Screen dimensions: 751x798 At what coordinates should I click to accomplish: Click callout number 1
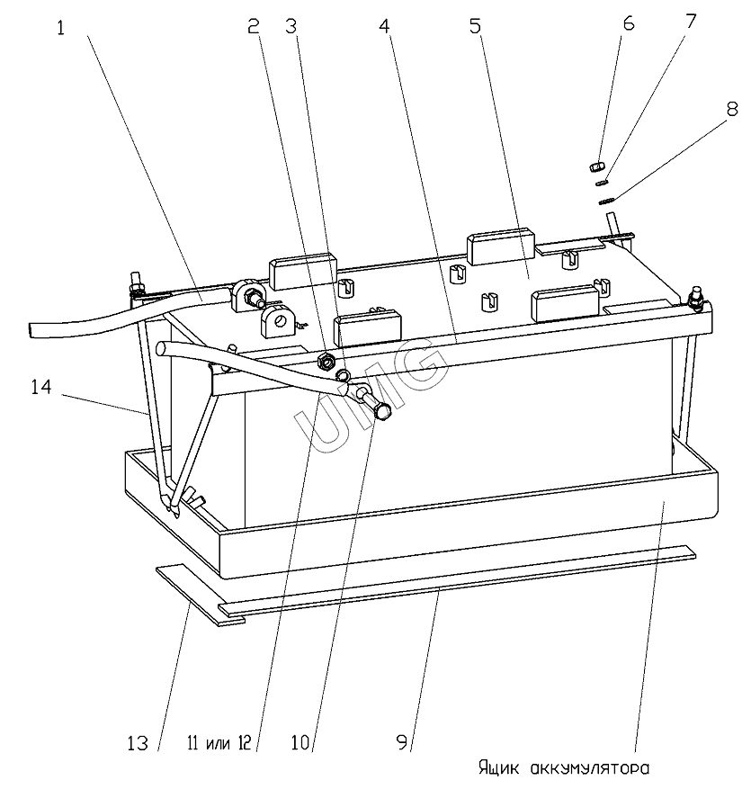point(60,29)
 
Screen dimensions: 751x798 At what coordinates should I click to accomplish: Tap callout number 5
point(475,26)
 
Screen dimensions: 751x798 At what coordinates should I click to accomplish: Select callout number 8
point(732,108)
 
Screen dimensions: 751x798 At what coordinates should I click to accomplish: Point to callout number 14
point(41,387)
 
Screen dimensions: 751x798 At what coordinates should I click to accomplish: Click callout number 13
point(138,743)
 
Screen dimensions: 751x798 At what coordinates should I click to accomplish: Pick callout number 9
point(402,743)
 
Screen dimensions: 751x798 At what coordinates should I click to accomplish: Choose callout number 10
point(300,743)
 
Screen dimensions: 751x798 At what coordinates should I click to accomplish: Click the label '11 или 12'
point(219,743)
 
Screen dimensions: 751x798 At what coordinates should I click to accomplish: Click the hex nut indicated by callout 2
point(325,362)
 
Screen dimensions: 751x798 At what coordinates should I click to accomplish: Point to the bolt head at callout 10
point(382,410)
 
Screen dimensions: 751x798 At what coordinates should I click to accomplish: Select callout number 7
point(691,22)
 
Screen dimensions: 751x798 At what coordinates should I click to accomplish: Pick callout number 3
point(291,26)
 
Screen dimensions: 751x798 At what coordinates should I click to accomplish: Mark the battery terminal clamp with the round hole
point(278,322)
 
